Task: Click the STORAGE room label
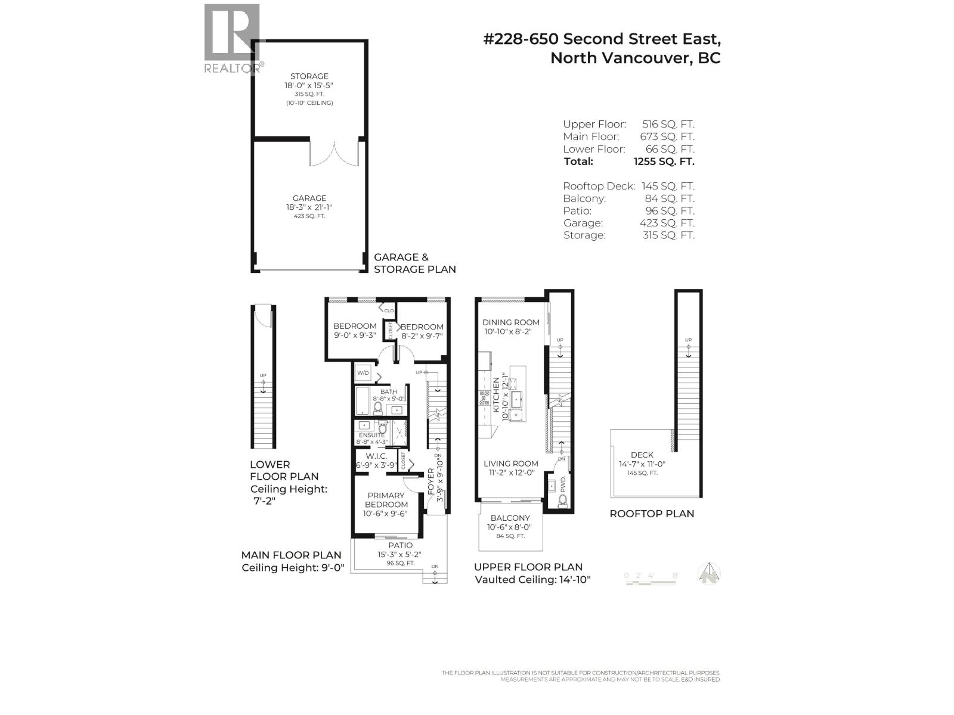pyautogui.click(x=309, y=76)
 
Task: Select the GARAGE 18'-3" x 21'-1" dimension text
pyautogui.click(x=309, y=207)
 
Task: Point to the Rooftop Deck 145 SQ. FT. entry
pyautogui.click(x=628, y=186)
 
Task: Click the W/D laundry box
pyautogui.click(x=363, y=374)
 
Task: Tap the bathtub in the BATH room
pyautogui.click(x=362, y=402)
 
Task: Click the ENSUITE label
pyautogui.click(x=371, y=435)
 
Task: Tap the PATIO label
pyautogui.click(x=400, y=545)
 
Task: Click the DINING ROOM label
pyautogui.click(x=511, y=322)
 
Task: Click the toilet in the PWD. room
pyautogui.click(x=562, y=500)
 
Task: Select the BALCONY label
pyautogui.click(x=510, y=518)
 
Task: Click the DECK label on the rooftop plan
pyautogui.click(x=642, y=455)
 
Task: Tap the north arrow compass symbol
pyautogui.click(x=709, y=574)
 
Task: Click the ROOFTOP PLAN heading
pyautogui.click(x=652, y=514)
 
